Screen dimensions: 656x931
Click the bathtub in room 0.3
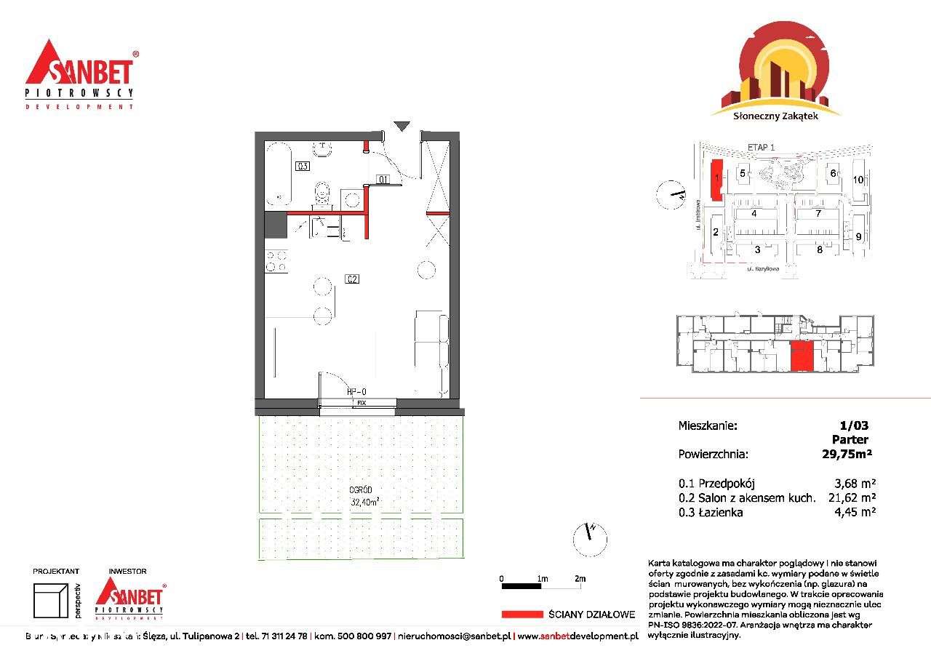(279, 174)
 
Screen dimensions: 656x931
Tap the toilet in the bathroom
(321, 194)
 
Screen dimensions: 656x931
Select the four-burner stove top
(277, 261)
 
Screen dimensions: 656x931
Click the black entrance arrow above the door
(401, 126)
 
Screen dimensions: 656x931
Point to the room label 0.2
(353, 279)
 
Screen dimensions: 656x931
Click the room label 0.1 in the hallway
(383, 179)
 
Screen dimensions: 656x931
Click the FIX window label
(361, 402)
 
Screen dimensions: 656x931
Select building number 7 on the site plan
(818, 214)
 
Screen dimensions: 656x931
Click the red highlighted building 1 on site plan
(716, 178)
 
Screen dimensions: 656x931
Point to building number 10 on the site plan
(858, 179)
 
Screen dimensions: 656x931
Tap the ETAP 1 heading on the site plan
(761, 147)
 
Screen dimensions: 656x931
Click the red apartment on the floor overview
(802, 356)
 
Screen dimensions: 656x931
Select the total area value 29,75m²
(847, 454)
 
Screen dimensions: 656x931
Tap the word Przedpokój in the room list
(727, 483)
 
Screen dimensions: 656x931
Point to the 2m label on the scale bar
(580, 578)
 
